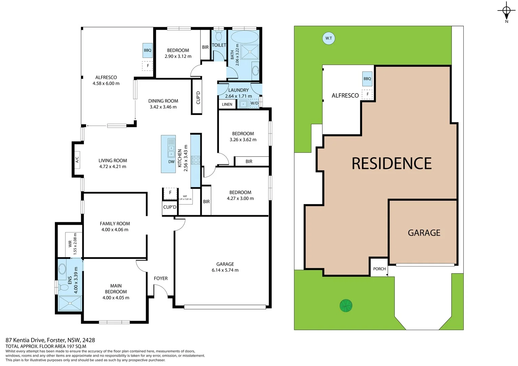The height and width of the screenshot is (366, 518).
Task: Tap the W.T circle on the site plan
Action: [328, 38]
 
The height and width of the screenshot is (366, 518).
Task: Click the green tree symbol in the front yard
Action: [346, 306]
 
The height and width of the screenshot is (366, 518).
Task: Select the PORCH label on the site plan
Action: [379, 269]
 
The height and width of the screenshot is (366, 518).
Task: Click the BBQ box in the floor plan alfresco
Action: [147, 50]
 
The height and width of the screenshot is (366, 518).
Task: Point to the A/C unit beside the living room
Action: [77, 159]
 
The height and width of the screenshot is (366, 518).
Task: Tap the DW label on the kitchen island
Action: [172, 162]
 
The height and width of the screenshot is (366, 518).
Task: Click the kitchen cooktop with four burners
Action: [196, 160]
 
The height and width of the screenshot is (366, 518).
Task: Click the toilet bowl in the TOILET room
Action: [219, 35]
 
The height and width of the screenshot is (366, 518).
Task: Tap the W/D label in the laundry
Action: [254, 103]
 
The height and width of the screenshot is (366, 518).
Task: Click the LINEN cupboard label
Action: [227, 104]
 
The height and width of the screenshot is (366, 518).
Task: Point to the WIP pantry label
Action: [185, 197]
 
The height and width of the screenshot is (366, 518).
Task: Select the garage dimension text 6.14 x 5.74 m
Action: [225, 270]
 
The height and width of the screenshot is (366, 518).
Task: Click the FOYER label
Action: [161, 278]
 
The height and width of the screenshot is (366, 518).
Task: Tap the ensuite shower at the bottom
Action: [70, 303]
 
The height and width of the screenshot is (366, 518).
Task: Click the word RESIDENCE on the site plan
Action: [392, 164]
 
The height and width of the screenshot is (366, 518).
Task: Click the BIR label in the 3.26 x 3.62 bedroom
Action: [249, 162]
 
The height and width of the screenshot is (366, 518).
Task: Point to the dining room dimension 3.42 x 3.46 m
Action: [163, 107]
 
